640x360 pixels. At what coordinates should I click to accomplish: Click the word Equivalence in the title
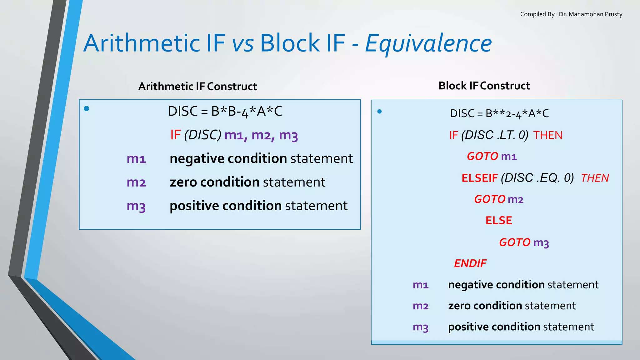428,44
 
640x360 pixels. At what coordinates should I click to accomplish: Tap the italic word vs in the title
242,44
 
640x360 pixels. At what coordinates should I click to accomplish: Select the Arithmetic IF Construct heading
197,87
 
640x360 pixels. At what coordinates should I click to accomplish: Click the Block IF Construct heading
484,86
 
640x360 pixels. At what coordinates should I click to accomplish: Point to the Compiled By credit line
571,14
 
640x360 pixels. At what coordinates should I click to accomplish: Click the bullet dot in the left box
87,108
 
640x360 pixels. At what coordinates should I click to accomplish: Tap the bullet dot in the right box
379,112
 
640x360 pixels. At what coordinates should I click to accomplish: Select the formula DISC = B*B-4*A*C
225,112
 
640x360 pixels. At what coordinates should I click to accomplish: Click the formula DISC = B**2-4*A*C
499,114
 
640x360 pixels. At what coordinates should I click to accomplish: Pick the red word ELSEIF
479,178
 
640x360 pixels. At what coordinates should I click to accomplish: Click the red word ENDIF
470,263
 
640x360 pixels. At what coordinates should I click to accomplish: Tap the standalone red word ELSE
499,221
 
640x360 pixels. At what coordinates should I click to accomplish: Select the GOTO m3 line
524,242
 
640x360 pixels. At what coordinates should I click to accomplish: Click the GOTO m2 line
499,199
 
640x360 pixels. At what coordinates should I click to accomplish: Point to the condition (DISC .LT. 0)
494,135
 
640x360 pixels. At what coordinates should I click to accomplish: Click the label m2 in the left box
136,182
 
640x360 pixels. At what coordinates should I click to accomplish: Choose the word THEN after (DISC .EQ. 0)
595,178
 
